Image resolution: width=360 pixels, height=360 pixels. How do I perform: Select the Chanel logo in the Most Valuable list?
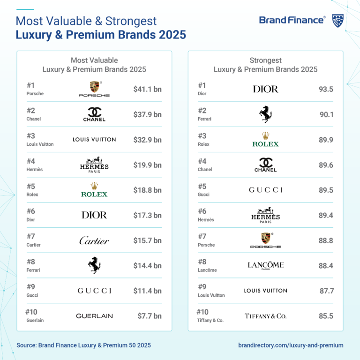(x=94, y=114)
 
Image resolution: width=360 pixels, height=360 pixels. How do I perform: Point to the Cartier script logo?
(x=94, y=240)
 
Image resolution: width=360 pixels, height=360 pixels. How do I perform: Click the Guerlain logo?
(x=94, y=316)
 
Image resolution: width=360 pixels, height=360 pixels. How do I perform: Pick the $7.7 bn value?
(x=149, y=316)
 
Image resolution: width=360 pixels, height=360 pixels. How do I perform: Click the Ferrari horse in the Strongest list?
(x=265, y=114)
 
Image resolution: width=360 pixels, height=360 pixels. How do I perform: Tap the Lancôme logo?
(x=265, y=265)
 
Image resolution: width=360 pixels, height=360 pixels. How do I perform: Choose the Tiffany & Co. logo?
(x=265, y=316)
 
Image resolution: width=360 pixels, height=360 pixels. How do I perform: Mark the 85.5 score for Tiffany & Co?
(x=326, y=316)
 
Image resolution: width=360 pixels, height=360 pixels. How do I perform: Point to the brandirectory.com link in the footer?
(x=291, y=345)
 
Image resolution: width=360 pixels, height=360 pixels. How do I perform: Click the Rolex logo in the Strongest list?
(x=265, y=140)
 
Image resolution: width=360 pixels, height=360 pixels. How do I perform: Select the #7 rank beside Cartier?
(x=31, y=236)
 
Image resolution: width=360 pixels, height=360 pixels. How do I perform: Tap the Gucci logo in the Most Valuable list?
(x=94, y=291)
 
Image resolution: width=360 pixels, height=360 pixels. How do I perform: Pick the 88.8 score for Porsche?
(x=326, y=240)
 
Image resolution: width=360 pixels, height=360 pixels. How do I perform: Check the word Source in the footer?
(x=27, y=345)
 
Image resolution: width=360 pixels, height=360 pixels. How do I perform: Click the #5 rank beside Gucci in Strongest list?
(x=202, y=186)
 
